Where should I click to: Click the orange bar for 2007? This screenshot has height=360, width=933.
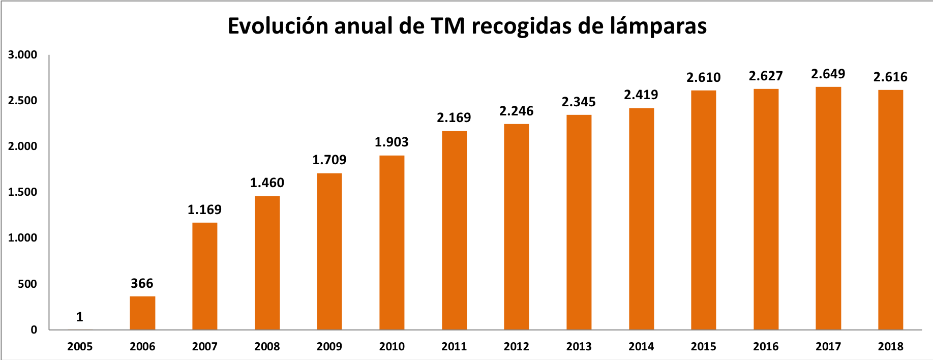204,276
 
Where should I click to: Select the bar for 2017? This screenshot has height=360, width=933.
828,208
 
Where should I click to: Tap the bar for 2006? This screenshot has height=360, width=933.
142,313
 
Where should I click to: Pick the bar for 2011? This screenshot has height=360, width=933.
454,230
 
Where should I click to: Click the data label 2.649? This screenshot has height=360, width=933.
828,74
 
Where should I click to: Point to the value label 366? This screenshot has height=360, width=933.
142,284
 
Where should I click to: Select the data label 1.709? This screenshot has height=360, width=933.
329,160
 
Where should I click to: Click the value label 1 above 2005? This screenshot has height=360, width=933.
80,317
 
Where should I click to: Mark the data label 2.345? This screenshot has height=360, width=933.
579,102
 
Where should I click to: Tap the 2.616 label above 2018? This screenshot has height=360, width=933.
890,77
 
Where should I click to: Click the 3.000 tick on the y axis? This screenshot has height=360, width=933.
23,55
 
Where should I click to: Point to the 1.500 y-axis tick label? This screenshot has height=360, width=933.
23,192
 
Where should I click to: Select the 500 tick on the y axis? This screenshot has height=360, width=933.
27,284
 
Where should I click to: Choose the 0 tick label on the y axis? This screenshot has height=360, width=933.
34,330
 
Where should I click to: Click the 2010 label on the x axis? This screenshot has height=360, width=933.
392,347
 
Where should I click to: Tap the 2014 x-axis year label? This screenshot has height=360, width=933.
641,347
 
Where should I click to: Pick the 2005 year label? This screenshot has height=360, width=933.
80,347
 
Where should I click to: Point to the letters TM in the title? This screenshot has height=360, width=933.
447,26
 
